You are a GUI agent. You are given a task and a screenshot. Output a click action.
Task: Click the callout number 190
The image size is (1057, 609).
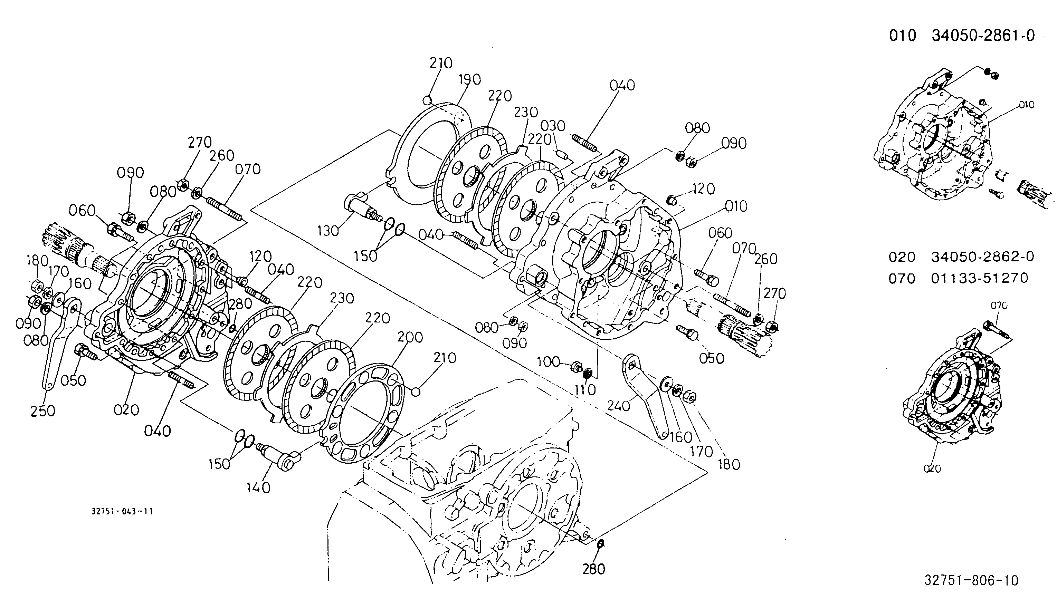tap(470, 79)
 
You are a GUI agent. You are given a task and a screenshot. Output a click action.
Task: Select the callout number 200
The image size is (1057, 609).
tap(410, 337)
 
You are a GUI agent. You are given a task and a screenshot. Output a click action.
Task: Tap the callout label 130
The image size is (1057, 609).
tap(328, 231)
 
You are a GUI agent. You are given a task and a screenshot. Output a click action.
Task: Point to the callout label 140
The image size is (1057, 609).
tap(258, 487)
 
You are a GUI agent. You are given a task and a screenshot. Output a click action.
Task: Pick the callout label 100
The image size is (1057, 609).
tap(548, 361)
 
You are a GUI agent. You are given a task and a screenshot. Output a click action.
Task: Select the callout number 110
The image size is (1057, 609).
tap(585, 390)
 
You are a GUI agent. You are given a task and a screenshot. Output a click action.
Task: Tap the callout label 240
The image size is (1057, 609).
tap(618, 405)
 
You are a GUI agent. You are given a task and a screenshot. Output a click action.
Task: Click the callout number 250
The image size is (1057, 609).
tap(43, 411)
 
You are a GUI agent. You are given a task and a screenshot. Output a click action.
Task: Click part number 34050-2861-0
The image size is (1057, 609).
tap(983, 36)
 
